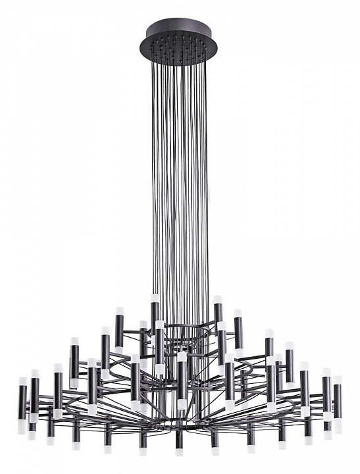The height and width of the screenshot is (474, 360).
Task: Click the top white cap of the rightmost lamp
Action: click(x=338, y=380)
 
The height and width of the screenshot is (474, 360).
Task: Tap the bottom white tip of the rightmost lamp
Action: click(x=338, y=426)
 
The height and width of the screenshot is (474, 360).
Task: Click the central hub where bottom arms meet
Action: click(x=179, y=421)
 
